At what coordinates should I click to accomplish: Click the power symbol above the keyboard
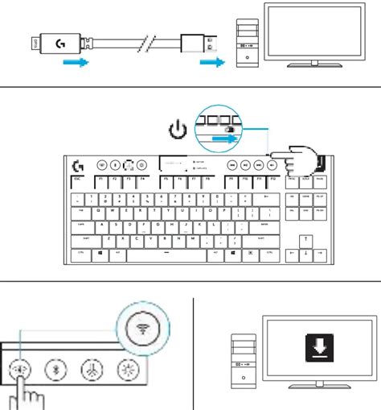click(178, 129)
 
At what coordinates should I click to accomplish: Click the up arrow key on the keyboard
click(305, 240)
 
